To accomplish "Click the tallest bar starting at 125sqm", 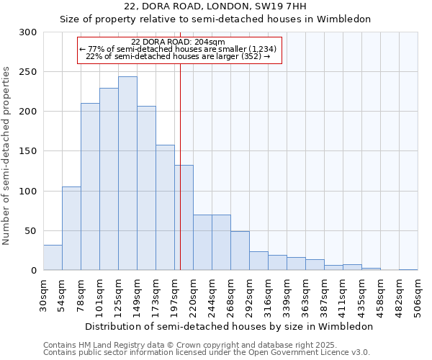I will click(x=127, y=174).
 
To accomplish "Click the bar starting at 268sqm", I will click(x=240, y=251).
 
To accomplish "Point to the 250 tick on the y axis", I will click(x=27, y=72).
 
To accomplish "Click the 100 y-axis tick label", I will click(x=27, y=192).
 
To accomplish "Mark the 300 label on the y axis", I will click(x=27, y=32).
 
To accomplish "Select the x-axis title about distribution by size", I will click(x=229, y=326).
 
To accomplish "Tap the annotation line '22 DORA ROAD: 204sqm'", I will click(x=179, y=42).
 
